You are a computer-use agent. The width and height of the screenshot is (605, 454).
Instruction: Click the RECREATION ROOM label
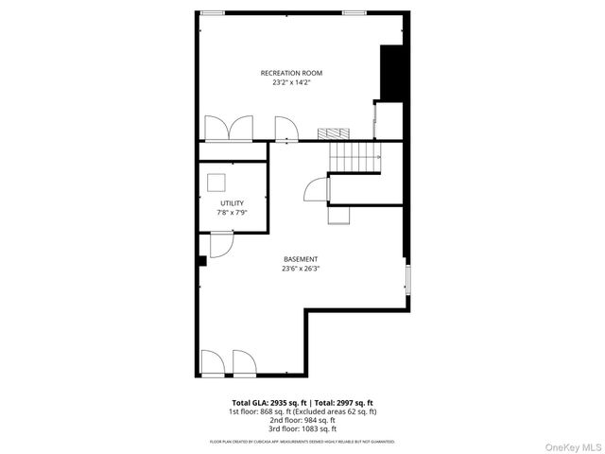pyautogui.click(x=292, y=73)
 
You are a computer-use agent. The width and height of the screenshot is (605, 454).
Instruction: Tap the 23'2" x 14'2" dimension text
pyautogui.click(x=292, y=82)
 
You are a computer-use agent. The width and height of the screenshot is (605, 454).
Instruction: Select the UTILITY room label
pyautogui.click(x=232, y=203)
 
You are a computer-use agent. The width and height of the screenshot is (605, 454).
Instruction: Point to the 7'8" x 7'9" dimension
pyautogui.click(x=232, y=213)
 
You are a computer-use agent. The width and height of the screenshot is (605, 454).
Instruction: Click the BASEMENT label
pyautogui.click(x=301, y=259)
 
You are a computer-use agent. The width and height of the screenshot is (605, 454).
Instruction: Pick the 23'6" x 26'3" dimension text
pyautogui.click(x=301, y=269)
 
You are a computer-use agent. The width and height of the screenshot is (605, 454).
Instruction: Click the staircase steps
pyautogui.click(x=354, y=157)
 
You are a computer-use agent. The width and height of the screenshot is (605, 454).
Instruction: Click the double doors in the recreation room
pyautogui.click(x=229, y=129)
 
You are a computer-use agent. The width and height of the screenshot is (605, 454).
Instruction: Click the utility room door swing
pyautogui.click(x=221, y=245)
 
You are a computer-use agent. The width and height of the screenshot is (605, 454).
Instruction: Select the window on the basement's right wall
pyautogui.click(x=406, y=281)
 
